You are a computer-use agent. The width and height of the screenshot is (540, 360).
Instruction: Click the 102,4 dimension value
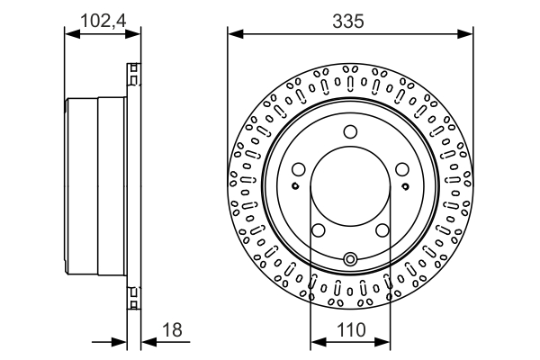pos(103,21)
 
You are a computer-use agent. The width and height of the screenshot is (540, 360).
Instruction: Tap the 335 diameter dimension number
pos(348,21)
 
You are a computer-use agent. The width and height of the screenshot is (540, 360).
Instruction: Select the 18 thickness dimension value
pos(172,329)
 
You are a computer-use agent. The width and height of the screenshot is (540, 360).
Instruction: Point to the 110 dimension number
pos(351,329)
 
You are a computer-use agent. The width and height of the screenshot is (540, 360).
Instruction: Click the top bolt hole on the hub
pos(351,131)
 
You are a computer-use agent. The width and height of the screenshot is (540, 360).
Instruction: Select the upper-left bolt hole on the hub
pos(299,169)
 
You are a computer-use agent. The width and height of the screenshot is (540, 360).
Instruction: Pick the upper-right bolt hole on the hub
pos(402,169)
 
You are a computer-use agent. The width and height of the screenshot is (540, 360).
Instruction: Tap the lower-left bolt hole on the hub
pos(319,230)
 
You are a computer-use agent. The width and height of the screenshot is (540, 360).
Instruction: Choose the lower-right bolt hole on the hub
pos(382,230)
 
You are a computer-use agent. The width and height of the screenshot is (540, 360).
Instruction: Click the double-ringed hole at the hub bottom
pos(351,258)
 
